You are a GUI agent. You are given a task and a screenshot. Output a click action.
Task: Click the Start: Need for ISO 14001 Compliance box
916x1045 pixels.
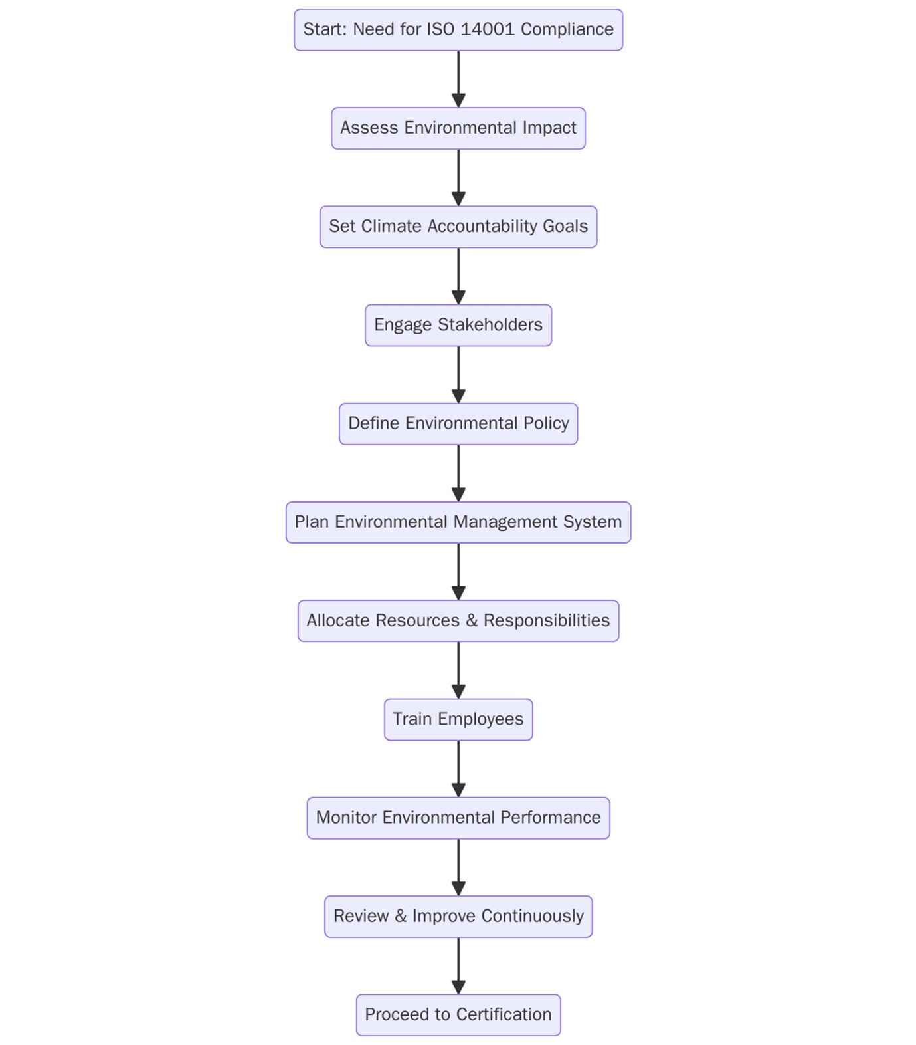pos(458,30)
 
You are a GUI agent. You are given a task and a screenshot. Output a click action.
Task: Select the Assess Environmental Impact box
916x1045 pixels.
pos(458,128)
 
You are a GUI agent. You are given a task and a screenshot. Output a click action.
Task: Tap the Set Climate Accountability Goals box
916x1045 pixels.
pos(458,227)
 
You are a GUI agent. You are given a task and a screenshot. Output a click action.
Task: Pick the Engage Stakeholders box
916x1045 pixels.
pos(458,325)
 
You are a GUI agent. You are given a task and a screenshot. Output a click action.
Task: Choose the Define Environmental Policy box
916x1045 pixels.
pos(458,423)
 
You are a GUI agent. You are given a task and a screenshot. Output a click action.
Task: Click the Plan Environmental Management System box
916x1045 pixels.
pos(458,522)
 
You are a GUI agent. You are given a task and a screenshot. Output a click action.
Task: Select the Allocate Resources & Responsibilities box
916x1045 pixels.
pos(458,620)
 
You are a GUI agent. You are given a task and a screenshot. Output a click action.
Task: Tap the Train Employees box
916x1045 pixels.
pos(458,719)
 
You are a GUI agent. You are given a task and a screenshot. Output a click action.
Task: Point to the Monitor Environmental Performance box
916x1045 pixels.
pos(458,818)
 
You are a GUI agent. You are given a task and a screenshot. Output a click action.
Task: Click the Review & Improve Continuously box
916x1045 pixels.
pos(458,916)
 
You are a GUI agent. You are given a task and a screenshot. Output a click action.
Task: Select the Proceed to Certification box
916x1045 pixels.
pos(458,1014)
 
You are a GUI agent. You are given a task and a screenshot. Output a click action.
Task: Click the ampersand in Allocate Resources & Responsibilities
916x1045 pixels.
pos(472,620)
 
